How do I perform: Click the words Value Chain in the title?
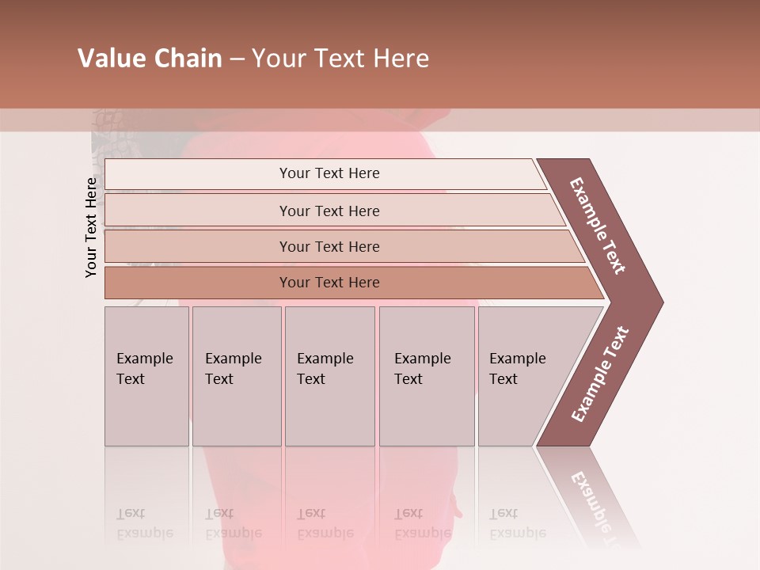pyautogui.click(x=150, y=59)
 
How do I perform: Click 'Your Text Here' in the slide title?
pyautogui.click(x=340, y=59)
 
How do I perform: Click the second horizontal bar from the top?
pyautogui.click(x=329, y=211)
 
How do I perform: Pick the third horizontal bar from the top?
pyautogui.click(x=329, y=246)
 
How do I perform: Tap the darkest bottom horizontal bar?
pyautogui.click(x=329, y=283)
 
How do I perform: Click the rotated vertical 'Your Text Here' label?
pyautogui.click(x=91, y=227)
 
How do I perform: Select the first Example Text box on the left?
pyautogui.click(x=146, y=376)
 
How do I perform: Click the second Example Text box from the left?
pyautogui.click(x=237, y=376)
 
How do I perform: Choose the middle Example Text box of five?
pyautogui.click(x=329, y=376)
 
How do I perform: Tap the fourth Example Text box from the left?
pyautogui.click(x=427, y=376)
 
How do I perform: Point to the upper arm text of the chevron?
pyautogui.click(x=598, y=226)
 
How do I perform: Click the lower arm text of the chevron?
pyautogui.click(x=600, y=374)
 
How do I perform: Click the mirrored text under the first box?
pyautogui.click(x=144, y=524)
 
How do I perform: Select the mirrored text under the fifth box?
pyautogui.click(x=517, y=524)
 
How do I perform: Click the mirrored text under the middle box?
pyautogui.click(x=325, y=524)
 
